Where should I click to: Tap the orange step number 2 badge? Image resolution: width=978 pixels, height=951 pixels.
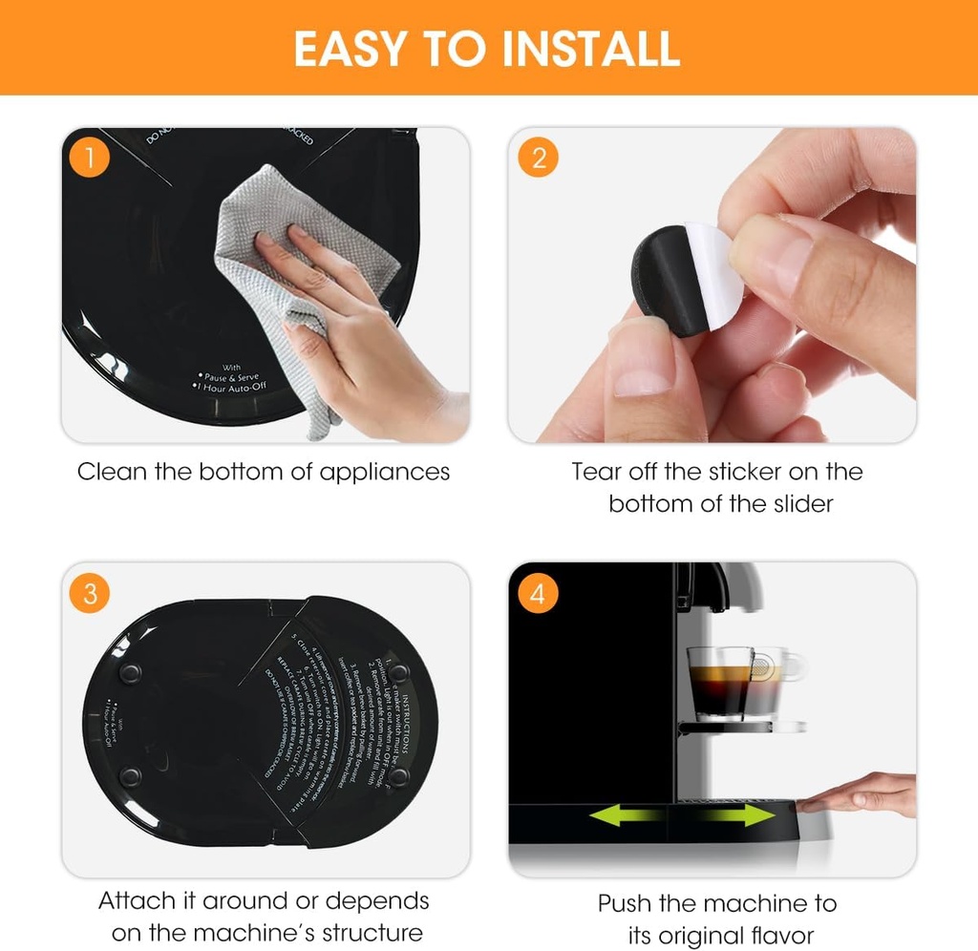(538, 158)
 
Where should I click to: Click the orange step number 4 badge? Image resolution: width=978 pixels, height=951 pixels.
(538, 593)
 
